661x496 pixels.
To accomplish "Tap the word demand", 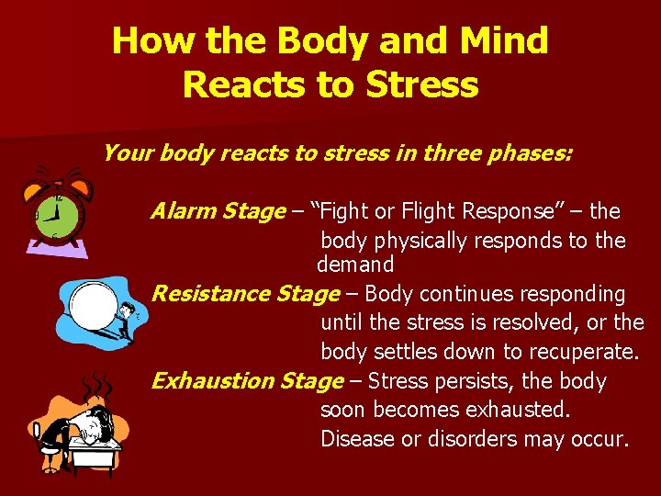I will (x=355, y=265).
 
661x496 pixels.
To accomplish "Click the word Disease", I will (x=358, y=439).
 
